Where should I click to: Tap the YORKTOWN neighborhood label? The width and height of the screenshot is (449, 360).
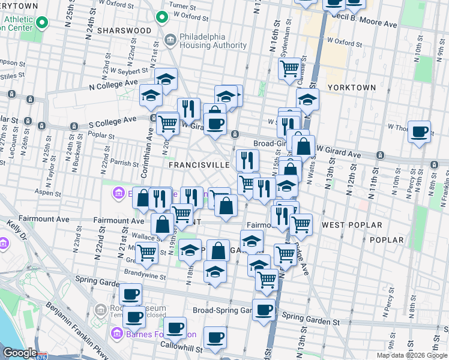click(x=352, y=88)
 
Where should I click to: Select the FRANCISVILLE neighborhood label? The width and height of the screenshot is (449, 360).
click(x=199, y=164)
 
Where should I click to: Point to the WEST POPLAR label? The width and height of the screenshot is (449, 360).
click(x=352, y=225)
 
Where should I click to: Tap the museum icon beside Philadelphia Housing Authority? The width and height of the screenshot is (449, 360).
click(x=170, y=41)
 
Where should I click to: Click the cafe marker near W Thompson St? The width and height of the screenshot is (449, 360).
click(x=419, y=131)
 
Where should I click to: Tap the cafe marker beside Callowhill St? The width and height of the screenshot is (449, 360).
click(x=215, y=338)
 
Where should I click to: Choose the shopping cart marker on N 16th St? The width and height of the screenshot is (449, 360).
click(x=290, y=69)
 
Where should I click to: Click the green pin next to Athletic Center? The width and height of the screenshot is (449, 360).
click(x=41, y=23)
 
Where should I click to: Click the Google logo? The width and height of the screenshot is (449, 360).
click(x=19, y=353)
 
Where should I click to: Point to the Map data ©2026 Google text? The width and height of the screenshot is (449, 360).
click(x=412, y=355)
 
